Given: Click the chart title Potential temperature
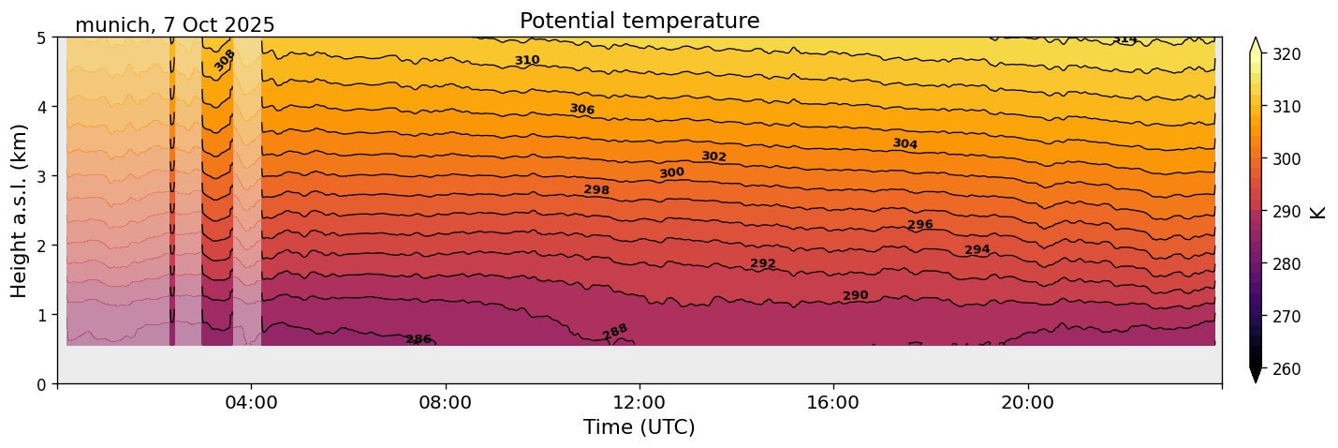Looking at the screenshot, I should (x=640, y=21).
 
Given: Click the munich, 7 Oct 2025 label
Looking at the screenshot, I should (x=175, y=25).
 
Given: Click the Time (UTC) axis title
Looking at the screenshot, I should (x=640, y=427).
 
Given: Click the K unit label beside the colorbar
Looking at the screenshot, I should (x=1318, y=212).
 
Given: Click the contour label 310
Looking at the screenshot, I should (x=527, y=61).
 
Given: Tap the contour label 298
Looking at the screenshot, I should (x=596, y=190).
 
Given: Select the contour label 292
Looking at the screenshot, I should (x=763, y=264).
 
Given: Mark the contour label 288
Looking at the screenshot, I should (x=615, y=332).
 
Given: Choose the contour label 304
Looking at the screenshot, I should (x=904, y=144).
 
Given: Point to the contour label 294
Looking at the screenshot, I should (x=977, y=250).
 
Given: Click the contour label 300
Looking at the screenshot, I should (x=671, y=173).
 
